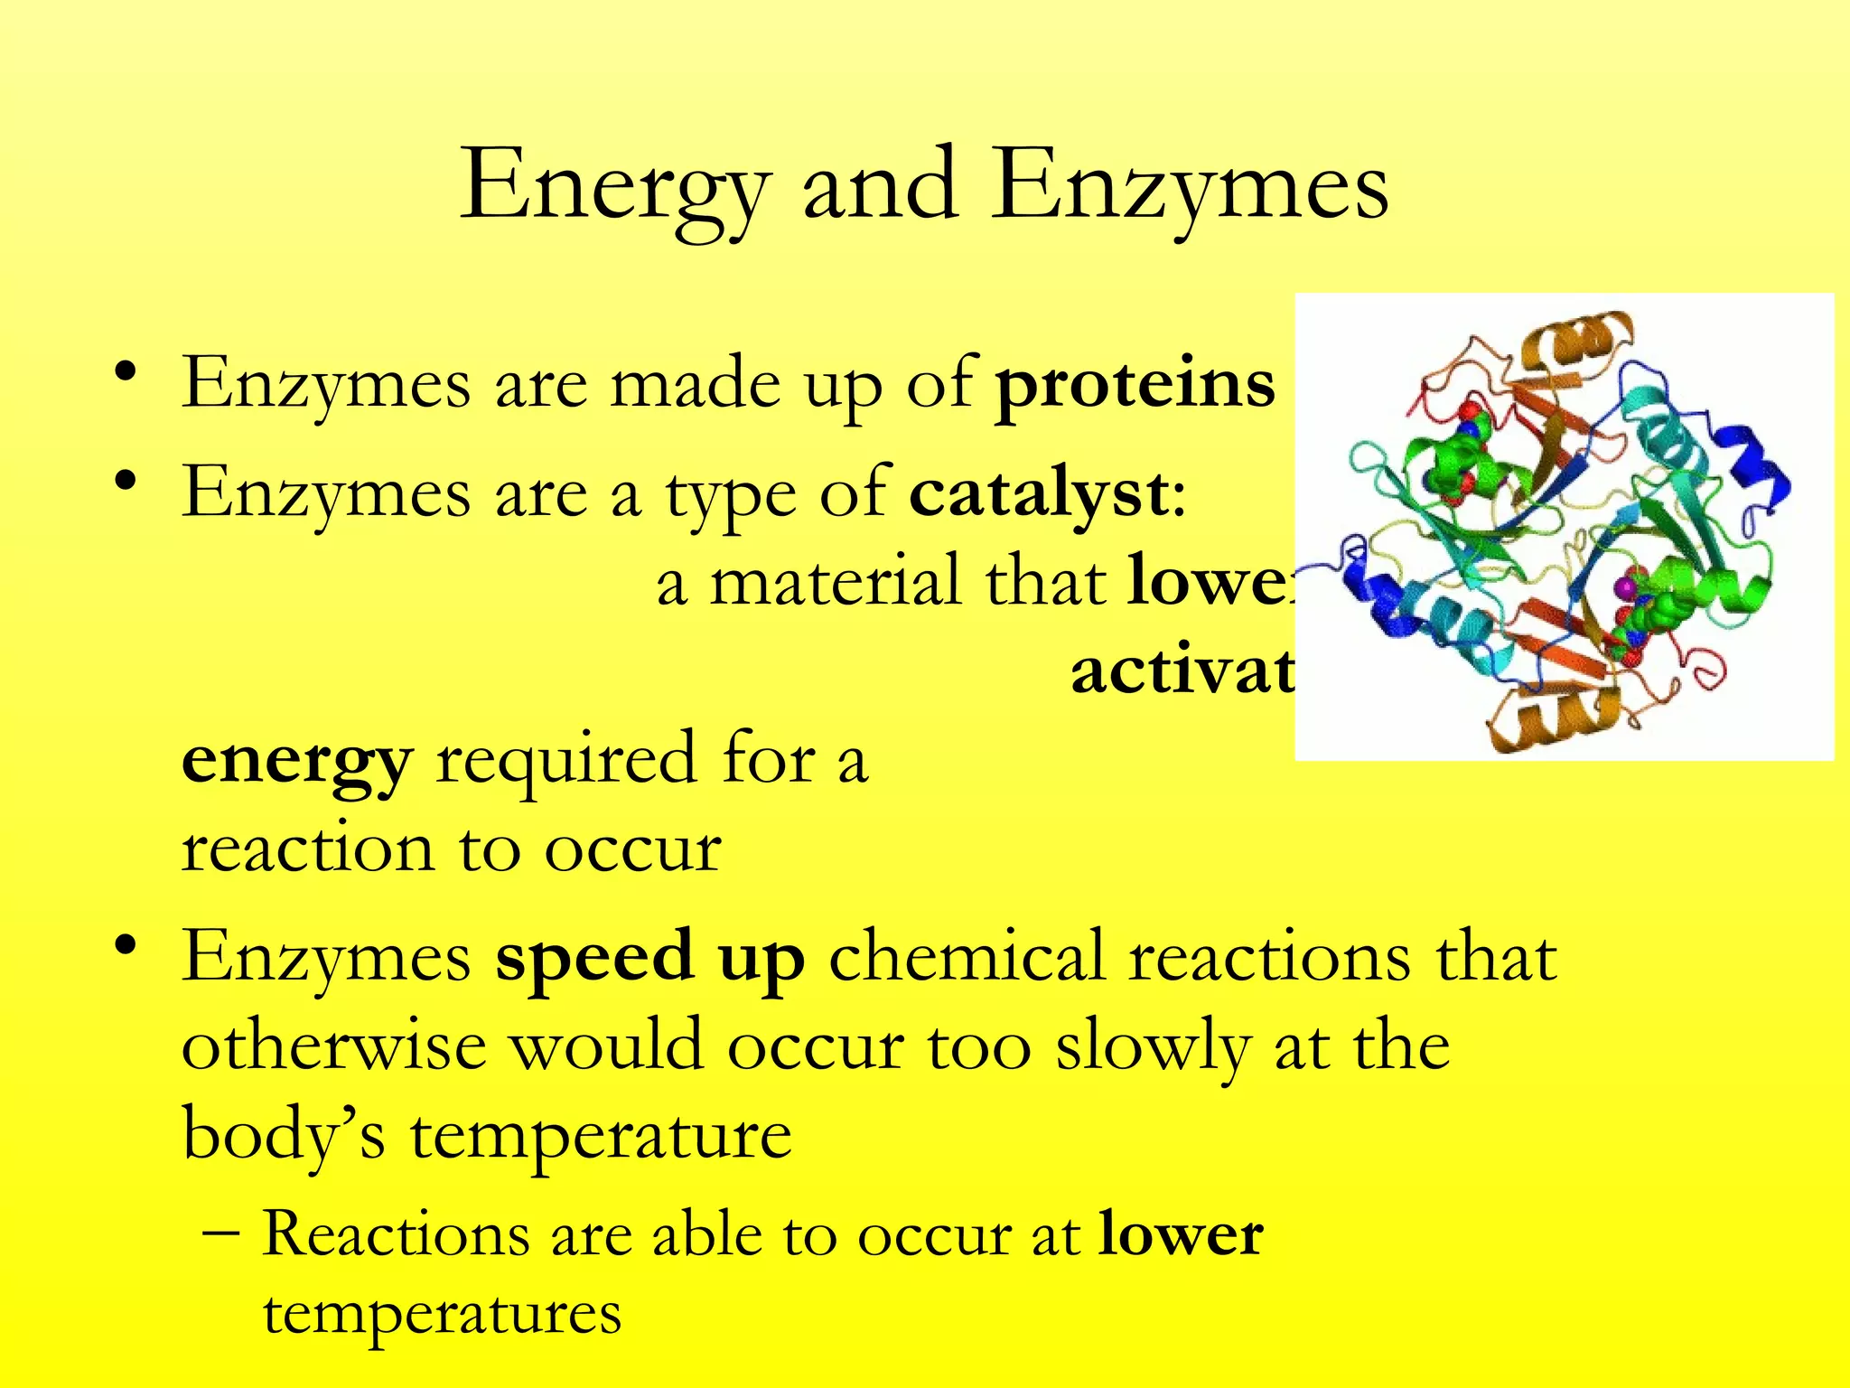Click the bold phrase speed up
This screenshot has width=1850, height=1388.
click(649, 956)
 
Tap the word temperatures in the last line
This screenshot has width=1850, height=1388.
click(442, 1313)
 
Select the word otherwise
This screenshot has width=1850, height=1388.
click(334, 1046)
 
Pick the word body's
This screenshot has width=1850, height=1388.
click(284, 1133)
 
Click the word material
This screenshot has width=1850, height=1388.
click(835, 582)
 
